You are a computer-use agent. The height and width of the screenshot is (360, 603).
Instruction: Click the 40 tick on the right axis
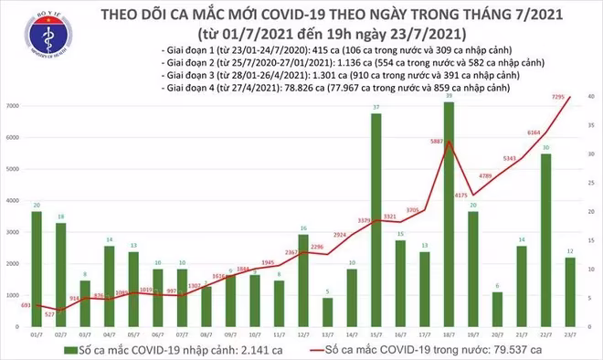coord(592,96)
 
